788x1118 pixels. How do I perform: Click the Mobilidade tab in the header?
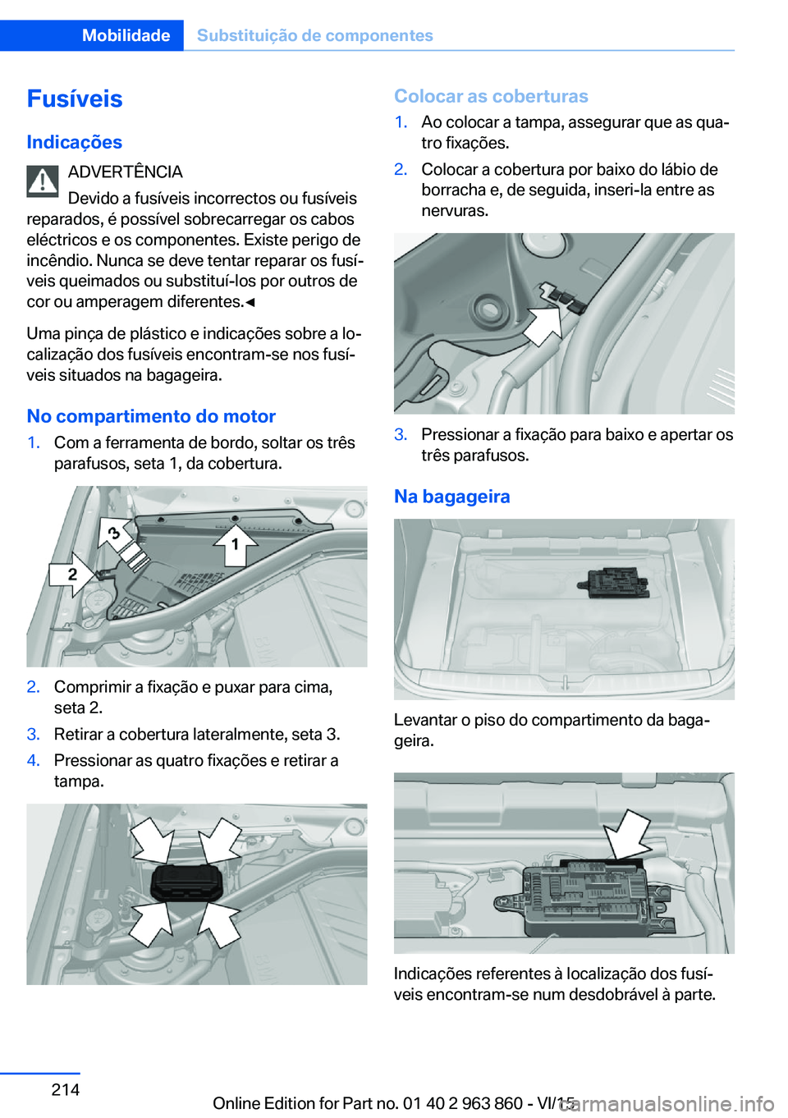(126, 35)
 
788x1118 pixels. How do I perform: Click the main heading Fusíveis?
(75, 99)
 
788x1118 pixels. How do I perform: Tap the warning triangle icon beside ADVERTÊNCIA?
(43, 181)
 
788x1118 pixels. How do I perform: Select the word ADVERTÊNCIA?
(125, 172)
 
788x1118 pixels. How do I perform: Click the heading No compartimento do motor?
(151, 416)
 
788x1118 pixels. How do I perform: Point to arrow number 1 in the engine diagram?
(235, 543)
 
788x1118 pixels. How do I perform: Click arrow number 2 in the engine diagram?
(72, 575)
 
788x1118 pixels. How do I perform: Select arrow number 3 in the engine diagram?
(116, 534)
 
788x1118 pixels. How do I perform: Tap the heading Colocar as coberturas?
(491, 96)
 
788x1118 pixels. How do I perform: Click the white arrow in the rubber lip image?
(543, 325)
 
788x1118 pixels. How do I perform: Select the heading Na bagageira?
(451, 497)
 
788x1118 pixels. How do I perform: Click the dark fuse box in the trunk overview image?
(615, 582)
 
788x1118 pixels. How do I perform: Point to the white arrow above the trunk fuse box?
(626, 834)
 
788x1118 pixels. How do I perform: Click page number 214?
(66, 1089)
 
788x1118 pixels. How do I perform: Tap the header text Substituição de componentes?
(314, 35)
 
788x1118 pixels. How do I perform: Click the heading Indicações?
(74, 142)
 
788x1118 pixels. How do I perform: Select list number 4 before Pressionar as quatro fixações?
(33, 760)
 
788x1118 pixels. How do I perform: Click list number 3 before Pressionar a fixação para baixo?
(401, 434)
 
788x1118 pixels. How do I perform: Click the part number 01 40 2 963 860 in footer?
(463, 1103)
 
